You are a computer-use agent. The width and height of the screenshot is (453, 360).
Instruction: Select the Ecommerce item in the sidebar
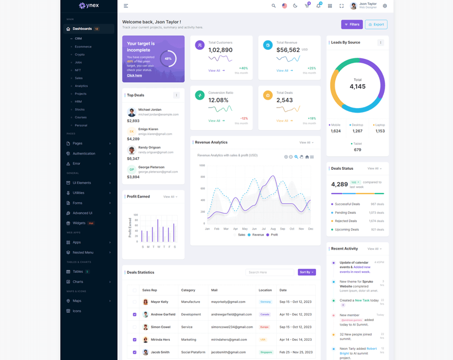tap(83, 46)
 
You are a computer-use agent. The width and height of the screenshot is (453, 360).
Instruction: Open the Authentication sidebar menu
tap(84, 153)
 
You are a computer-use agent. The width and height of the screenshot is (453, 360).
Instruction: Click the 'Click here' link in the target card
tap(134, 75)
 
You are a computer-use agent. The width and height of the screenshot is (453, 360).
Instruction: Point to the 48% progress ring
tap(168, 58)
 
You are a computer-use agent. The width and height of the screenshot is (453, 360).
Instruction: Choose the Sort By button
tap(306, 272)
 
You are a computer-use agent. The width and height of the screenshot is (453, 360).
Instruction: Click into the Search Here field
tap(270, 272)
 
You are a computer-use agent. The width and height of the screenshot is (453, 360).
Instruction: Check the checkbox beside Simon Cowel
tap(134, 327)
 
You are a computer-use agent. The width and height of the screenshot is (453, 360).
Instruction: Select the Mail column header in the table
tap(214, 290)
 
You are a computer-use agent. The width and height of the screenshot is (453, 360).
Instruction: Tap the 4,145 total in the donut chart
tap(357, 87)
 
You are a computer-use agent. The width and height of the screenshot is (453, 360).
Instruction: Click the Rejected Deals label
tap(345, 221)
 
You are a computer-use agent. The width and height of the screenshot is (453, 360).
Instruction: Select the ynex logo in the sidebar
tap(89, 6)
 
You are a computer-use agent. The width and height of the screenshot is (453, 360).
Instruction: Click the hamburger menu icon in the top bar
tap(126, 6)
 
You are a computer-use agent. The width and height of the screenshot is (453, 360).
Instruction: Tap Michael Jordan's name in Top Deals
tap(149, 109)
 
